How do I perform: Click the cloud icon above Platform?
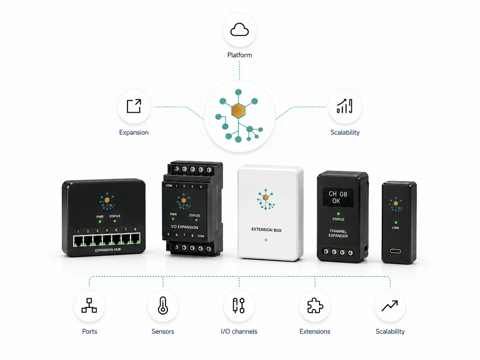239,30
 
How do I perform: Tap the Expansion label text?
134,133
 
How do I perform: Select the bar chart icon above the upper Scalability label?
345,106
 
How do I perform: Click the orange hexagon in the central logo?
238,111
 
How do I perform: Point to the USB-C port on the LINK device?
395,251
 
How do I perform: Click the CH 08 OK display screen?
338,197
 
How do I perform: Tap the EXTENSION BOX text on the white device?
267,230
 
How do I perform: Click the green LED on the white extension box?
266,240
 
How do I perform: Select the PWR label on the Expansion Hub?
100,217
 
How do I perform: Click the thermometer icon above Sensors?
163,305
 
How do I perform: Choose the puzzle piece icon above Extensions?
315,305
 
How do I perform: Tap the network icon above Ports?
89,305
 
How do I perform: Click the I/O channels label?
239,331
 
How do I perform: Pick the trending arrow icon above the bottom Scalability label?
390,306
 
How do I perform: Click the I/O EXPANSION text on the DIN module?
185,227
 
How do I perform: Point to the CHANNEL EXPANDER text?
338,233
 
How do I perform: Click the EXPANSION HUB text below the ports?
108,250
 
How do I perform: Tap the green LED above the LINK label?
396,222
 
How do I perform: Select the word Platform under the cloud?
240,55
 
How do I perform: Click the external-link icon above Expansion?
134,106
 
